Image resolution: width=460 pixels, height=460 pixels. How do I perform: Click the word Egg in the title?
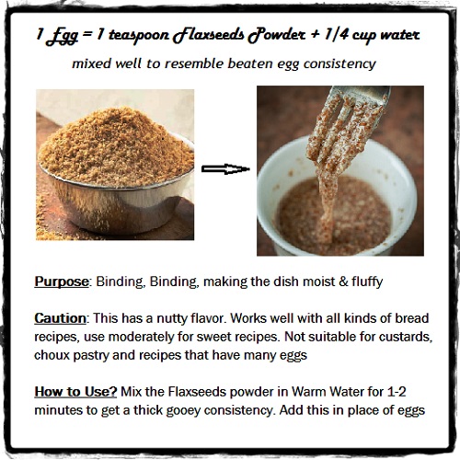point(61,36)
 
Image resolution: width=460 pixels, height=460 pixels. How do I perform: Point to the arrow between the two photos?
point(225,169)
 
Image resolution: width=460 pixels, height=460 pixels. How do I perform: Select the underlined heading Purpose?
point(62,282)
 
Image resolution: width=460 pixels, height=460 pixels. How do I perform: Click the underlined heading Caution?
point(60,318)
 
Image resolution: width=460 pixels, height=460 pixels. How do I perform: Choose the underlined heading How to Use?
point(75,392)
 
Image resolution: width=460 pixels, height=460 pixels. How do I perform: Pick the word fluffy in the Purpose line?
point(367,282)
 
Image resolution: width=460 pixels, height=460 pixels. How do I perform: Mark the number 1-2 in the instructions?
point(397,392)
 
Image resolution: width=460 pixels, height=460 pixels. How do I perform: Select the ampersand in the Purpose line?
point(343,282)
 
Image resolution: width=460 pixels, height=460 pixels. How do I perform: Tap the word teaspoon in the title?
point(139,35)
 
